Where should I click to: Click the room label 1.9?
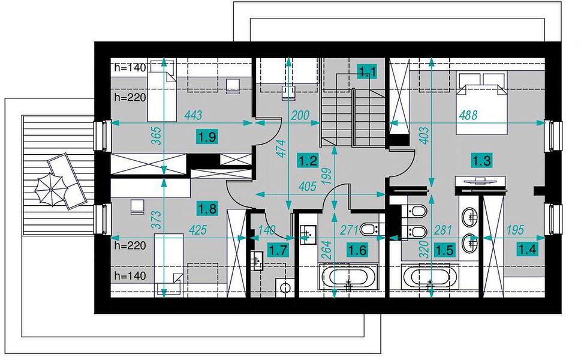coord(207,137)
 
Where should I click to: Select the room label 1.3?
coord(481,161)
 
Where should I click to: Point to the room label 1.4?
coord(527,249)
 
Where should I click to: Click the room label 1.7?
coord(278,250)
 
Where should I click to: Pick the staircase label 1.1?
coord(367,71)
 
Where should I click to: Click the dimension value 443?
coord(193,115)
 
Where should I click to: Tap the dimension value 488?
coord(468,115)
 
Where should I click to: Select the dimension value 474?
coord(282,148)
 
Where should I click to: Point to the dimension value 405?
coord(307,186)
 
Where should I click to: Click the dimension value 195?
coord(515,230)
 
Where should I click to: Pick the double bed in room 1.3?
coord(481,103)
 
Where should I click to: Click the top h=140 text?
coord(131,67)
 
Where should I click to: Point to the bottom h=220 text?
coord(131,245)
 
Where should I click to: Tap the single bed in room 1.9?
coord(162,90)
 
